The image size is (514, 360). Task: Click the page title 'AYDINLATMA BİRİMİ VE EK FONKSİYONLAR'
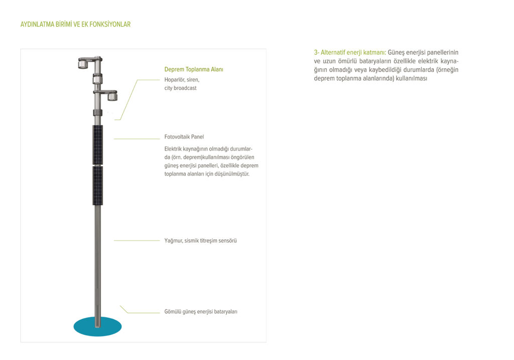pyautogui.click(x=75, y=24)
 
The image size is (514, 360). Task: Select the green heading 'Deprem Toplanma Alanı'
pyautogui.click(x=193, y=70)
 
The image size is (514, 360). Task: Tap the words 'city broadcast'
pyautogui.click(x=180, y=88)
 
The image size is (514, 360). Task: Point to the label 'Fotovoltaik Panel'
pyautogui.click(x=184, y=137)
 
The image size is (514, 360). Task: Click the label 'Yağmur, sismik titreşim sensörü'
pyautogui.click(x=200, y=241)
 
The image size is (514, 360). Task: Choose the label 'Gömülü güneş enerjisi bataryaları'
pyautogui.click(x=201, y=311)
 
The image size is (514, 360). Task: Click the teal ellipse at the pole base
pyautogui.click(x=97, y=327)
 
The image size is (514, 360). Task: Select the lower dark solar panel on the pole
pyautogui.click(x=97, y=185)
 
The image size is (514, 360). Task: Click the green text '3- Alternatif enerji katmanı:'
pyautogui.click(x=350, y=53)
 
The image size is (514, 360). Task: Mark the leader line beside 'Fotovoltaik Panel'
pyautogui.click(x=136, y=139)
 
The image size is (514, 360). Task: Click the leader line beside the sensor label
pyautogui.click(x=136, y=241)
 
